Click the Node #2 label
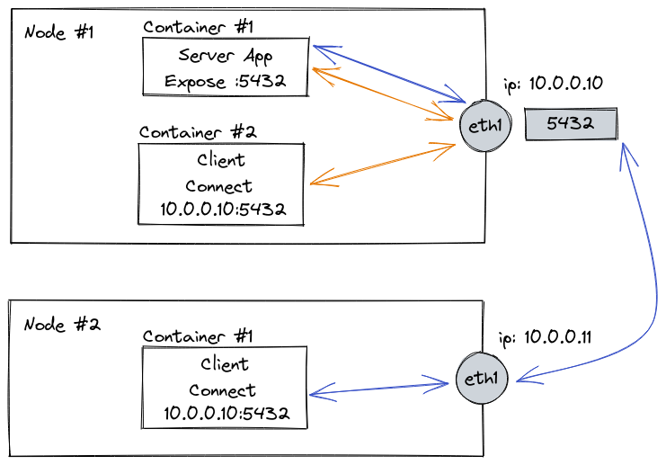[x=61, y=324]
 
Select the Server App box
[x=226, y=67]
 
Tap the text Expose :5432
[x=225, y=81]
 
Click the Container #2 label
[x=198, y=131]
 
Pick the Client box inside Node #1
[x=220, y=186]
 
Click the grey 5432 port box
[x=571, y=124]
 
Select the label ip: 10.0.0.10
[x=553, y=84]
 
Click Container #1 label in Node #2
[x=198, y=336]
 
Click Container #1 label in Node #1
[x=199, y=26]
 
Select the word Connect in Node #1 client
[x=219, y=187]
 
